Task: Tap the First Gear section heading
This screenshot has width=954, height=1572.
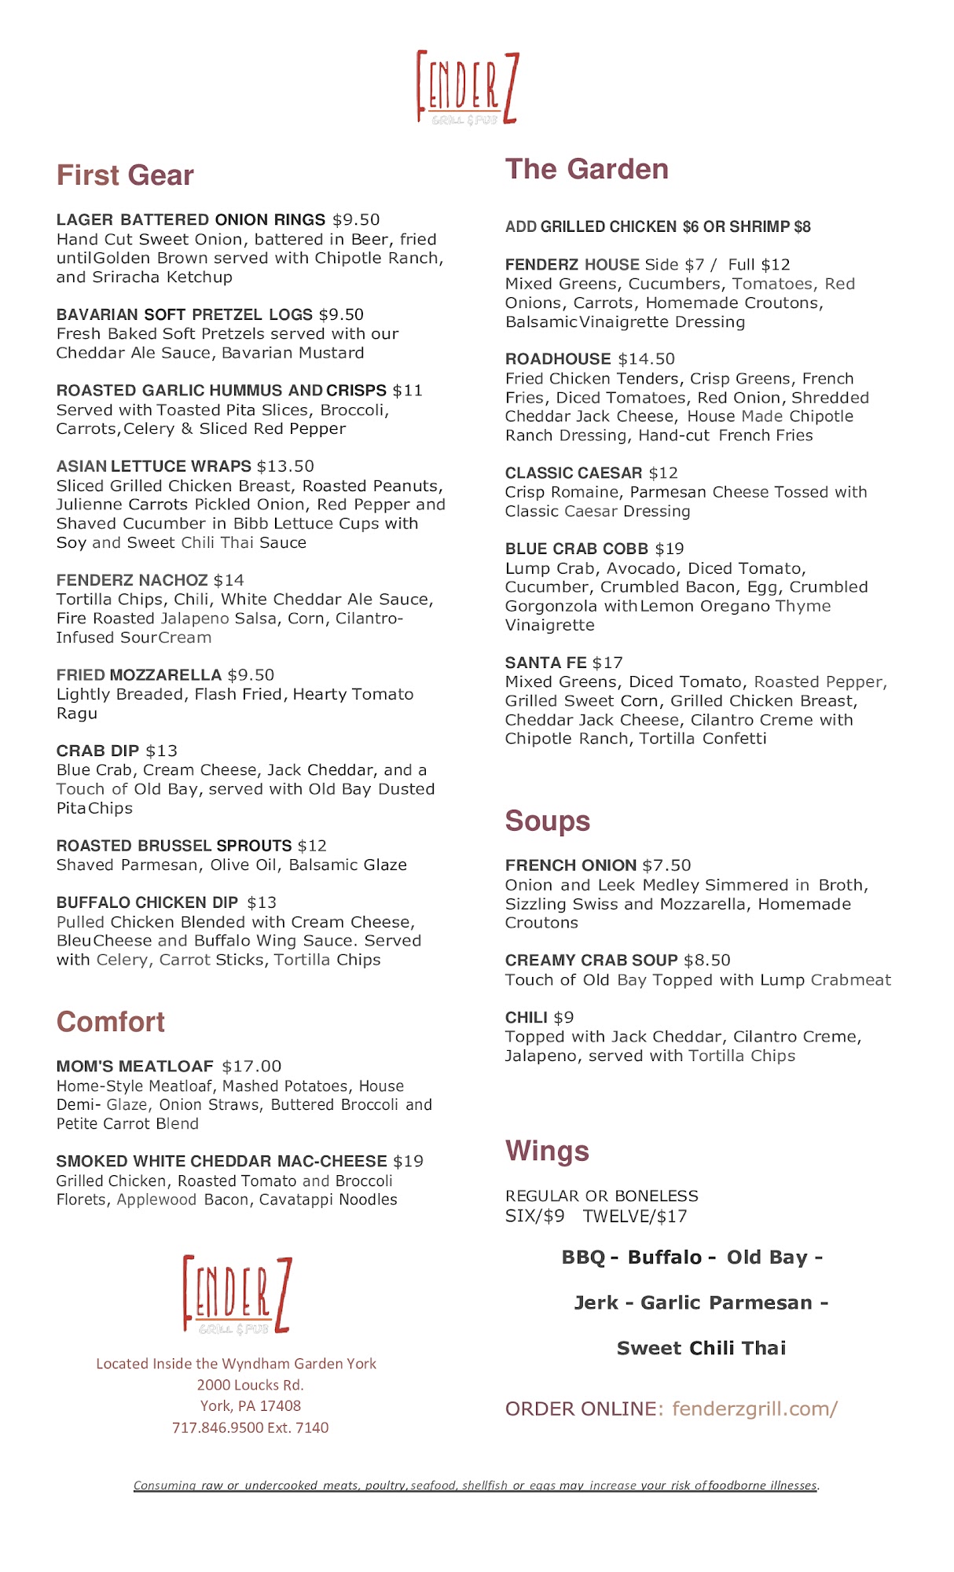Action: pos(125,175)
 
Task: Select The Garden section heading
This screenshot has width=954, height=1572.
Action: pos(586,169)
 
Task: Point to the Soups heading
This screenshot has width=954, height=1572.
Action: pos(547,821)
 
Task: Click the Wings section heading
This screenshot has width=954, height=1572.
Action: pos(547,1151)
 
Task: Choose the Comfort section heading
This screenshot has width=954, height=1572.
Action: pos(110,1021)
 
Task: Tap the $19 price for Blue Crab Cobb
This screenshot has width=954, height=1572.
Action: pos(670,549)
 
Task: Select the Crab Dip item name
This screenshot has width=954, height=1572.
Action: pos(97,751)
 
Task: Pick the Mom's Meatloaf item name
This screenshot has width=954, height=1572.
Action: pos(134,1067)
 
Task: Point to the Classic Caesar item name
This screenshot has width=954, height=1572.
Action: pos(573,473)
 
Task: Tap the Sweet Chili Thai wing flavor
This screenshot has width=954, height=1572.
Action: pos(701,1348)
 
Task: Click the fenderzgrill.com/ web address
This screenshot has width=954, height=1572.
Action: pos(754,1409)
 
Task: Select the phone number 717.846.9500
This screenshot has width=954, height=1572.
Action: pos(218,1427)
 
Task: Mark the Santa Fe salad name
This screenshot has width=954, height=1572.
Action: pos(545,663)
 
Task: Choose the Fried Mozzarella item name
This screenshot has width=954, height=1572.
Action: pos(138,675)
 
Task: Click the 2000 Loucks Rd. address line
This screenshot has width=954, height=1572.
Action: pos(250,1385)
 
